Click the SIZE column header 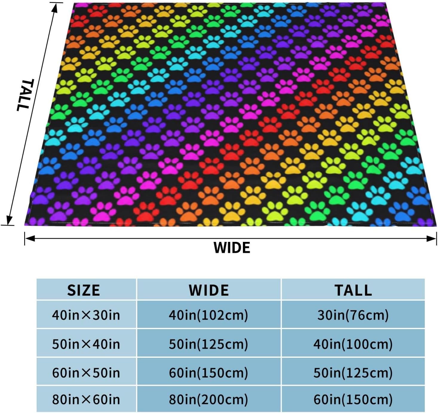click(x=84, y=290)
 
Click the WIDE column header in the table click(x=209, y=290)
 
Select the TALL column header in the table click(x=353, y=290)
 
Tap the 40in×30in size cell click(x=86, y=315)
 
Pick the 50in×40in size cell click(x=86, y=344)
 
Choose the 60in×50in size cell click(x=86, y=373)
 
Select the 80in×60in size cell click(x=86, y=399)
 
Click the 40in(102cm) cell click(x=209, y=315)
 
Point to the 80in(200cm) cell click(x=209, y=399)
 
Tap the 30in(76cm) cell click(x=353, y=315)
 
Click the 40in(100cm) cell click(x=353, y=344)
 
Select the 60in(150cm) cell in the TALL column click(x=353, y=399)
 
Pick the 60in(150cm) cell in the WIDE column click(x=209, y=373)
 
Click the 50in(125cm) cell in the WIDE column click(x=209, y=344)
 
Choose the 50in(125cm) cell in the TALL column click(x=353, y=373)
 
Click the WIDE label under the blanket click(x=232, y=248)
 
